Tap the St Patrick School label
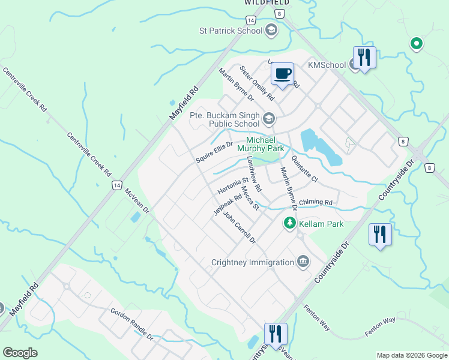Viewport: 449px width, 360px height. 231,30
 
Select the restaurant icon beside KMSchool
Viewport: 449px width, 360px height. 364,58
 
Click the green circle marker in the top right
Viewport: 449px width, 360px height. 415,43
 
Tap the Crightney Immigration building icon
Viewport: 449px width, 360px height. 303,262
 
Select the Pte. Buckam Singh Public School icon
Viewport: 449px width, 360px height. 268,118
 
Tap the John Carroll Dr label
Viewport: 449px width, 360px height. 240,227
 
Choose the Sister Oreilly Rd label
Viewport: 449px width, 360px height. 257,83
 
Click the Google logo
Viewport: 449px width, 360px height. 20,352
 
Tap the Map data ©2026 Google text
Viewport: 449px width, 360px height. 411,355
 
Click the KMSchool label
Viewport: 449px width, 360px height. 327,65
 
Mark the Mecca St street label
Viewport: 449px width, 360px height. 249,199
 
